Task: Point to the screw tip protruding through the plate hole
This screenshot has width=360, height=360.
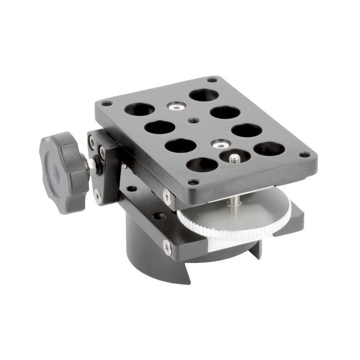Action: pos(235,158)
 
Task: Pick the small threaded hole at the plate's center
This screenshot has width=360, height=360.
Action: pos(193,121)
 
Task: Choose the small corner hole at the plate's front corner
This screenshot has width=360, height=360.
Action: pos(194,183)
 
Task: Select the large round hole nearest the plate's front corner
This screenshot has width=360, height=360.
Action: pos(201,165)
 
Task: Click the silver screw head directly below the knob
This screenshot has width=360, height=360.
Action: pos(97,196)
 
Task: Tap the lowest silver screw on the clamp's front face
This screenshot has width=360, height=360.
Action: pos(167,248)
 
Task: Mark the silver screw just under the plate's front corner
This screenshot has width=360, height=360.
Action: pos(167,197)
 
